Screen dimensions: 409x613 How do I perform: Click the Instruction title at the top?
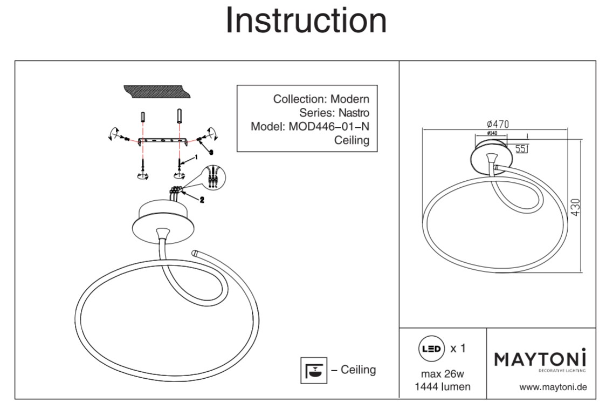[306, 21]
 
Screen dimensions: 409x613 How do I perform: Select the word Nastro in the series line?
[354, 113]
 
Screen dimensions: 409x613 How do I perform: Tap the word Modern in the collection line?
[350, 99]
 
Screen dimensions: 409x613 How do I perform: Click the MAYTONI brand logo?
[541, 358]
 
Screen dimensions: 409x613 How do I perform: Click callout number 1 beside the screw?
[196, 156]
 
